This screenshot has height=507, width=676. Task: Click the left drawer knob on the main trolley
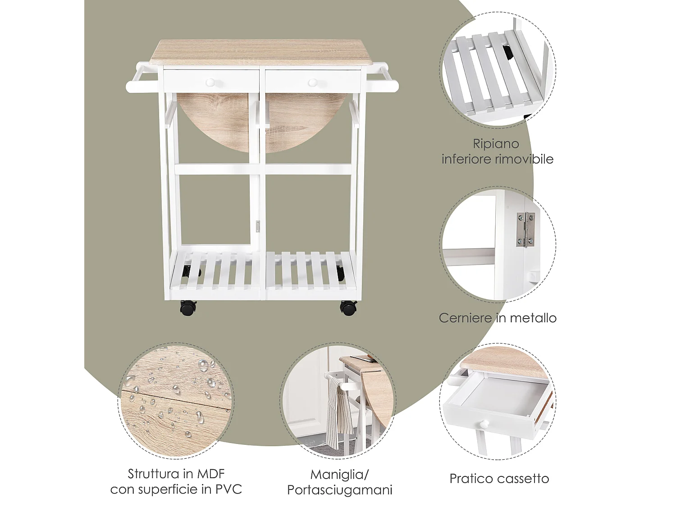point(210,82)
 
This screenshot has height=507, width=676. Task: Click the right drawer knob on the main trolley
point(313,82)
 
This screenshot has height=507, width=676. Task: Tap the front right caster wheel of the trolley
point(348,308)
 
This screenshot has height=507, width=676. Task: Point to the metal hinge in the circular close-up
point(525,229)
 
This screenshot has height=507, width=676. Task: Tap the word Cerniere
point(466,318)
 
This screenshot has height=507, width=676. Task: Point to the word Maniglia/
point(340,475)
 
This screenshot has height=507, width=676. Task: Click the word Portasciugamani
point(340,490)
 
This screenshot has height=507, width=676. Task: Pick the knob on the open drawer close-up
point(484,424)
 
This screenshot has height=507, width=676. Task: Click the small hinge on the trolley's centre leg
point(258,227)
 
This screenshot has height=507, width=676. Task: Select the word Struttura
point(153,474)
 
